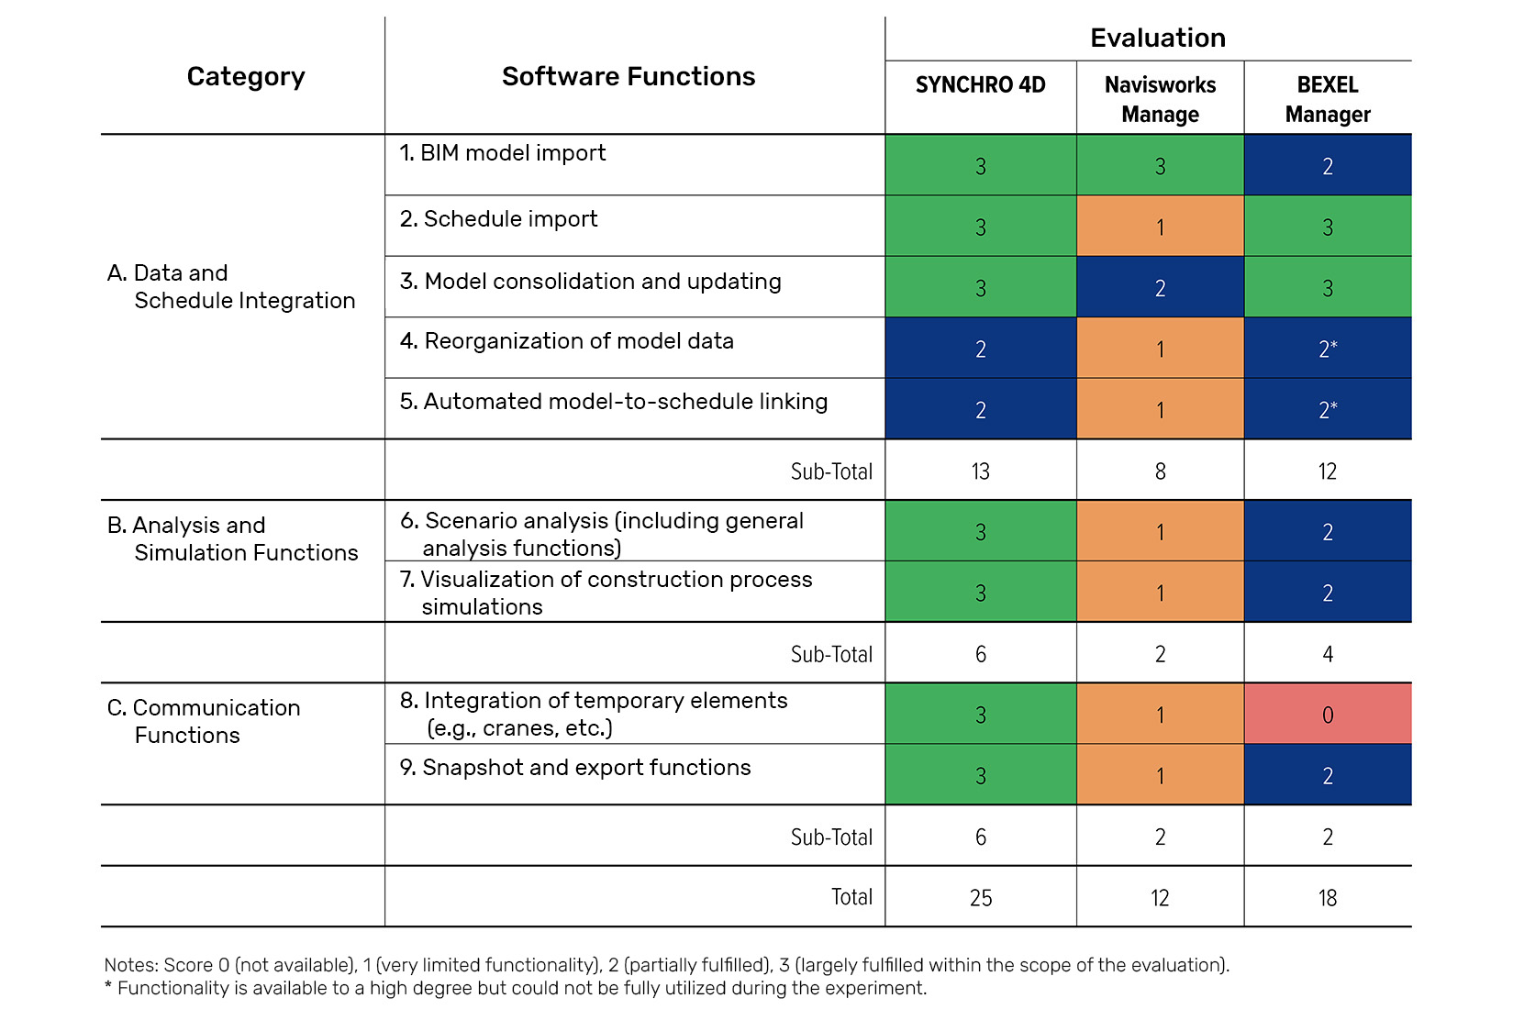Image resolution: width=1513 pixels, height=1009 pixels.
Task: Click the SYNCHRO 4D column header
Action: [980, 85]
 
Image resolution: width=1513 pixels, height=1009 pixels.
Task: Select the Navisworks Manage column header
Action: [1160, 99]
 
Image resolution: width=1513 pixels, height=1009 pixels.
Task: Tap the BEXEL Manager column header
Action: [1328, 99]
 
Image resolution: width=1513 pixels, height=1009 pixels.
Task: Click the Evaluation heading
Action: [1158, 38]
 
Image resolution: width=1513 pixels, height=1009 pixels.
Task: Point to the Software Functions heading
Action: [629, 76]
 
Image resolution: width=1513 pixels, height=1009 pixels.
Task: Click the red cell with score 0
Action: [1328, 714]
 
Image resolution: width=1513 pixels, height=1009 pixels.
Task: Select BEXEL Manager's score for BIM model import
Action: [1328, 165]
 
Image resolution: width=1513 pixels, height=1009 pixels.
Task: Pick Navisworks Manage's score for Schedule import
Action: [1161, 227]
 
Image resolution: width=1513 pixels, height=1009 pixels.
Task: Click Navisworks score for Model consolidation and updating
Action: [1161, 287]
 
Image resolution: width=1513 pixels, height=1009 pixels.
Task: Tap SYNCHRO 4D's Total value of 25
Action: [981, 898]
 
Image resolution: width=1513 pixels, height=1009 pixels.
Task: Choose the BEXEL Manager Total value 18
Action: [1328, 898]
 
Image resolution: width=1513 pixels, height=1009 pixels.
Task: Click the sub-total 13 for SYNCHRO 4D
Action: [981, 471]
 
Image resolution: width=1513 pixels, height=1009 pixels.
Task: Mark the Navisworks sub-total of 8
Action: [1161, 471]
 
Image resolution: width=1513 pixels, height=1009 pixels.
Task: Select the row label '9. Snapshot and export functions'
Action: [574, 768]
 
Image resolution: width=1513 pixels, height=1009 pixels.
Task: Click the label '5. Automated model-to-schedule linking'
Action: [613, 402]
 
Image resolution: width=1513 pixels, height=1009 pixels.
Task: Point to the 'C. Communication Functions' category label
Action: [204, 721]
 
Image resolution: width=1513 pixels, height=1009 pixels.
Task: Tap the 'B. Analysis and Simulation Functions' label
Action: [232, 539]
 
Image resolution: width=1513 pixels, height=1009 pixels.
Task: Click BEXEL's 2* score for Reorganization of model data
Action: [1328, 348]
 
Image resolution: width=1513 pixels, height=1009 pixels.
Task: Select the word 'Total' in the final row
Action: [851, 897]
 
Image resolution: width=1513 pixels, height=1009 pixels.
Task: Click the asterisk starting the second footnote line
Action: [108, 986]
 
